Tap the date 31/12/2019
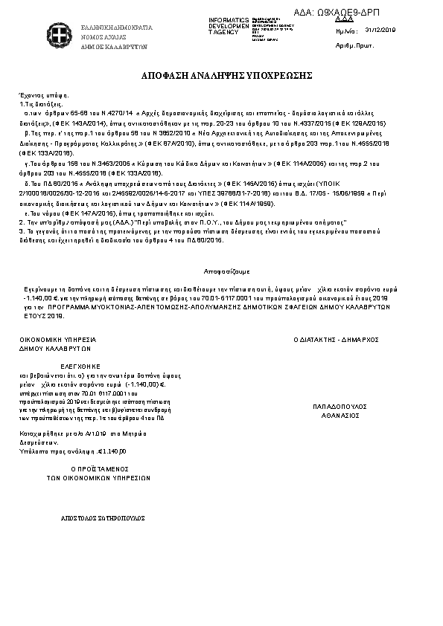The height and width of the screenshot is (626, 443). tap(382, 30)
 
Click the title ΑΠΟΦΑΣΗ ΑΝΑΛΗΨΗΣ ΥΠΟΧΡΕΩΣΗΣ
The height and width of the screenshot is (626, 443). tap(221, 76)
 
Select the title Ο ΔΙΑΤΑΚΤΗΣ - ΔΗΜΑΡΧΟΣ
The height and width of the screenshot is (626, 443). tap(337, 338)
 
